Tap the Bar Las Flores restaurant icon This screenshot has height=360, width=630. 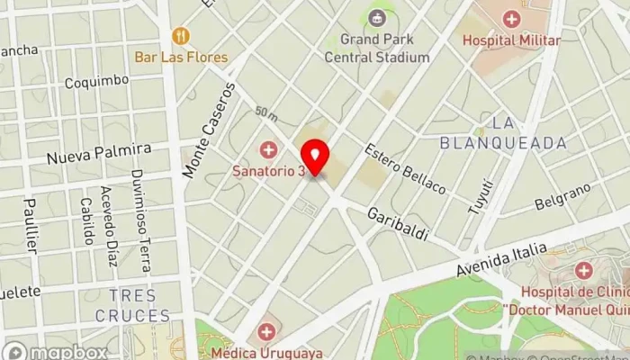182,36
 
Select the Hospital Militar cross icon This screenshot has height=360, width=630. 511,18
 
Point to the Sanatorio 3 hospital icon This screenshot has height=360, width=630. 267,149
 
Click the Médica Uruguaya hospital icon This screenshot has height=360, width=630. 266,332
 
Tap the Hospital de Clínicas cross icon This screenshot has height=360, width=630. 583,269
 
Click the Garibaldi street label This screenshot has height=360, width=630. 397,222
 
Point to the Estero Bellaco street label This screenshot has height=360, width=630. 405,166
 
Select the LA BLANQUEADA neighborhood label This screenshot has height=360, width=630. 504,132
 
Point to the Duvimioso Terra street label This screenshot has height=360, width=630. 139,220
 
